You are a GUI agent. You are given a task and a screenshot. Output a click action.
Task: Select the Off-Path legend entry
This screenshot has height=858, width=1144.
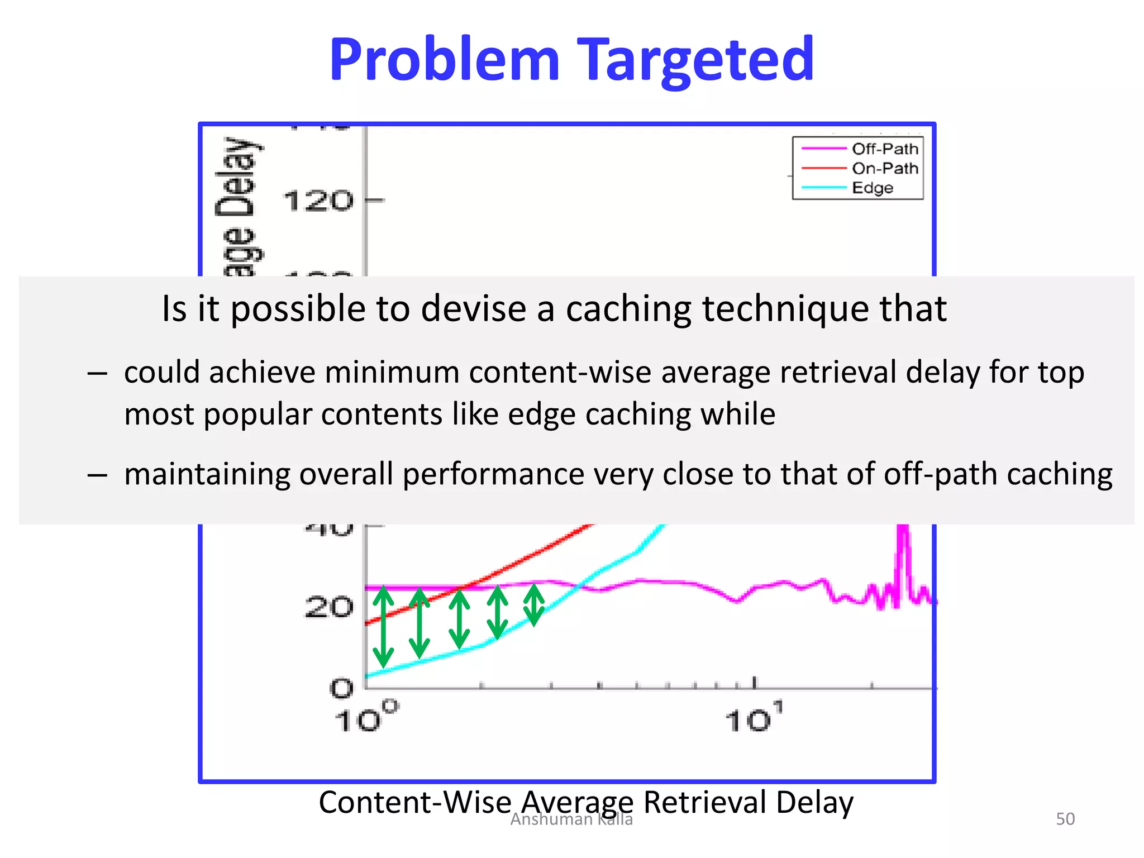pos(884,149)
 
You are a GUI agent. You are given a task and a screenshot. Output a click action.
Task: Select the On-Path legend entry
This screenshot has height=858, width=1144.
pos(884,168)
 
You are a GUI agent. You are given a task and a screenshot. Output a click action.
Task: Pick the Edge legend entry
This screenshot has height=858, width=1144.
pos(872,188)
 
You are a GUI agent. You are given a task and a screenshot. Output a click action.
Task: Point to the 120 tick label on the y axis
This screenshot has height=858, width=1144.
pos(318,201)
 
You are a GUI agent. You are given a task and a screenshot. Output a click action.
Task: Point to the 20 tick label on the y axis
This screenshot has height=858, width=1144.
pos(328,607)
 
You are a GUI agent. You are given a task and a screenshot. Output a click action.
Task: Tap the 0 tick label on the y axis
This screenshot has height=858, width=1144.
pos(341,688)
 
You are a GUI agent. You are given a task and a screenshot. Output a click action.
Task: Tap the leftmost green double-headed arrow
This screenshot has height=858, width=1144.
pos(383,626)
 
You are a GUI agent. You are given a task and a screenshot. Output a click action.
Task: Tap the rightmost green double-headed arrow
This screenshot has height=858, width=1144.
pos(534,604)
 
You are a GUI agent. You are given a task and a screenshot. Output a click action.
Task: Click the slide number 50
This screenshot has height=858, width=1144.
pos(1065,819)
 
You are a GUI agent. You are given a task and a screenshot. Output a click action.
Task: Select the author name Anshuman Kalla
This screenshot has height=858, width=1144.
pos(571,819)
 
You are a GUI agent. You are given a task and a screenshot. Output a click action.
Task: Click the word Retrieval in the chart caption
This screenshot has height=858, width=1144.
pos(705,802)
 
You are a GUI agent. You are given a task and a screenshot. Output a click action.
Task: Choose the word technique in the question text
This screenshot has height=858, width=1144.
pos(785,308)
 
